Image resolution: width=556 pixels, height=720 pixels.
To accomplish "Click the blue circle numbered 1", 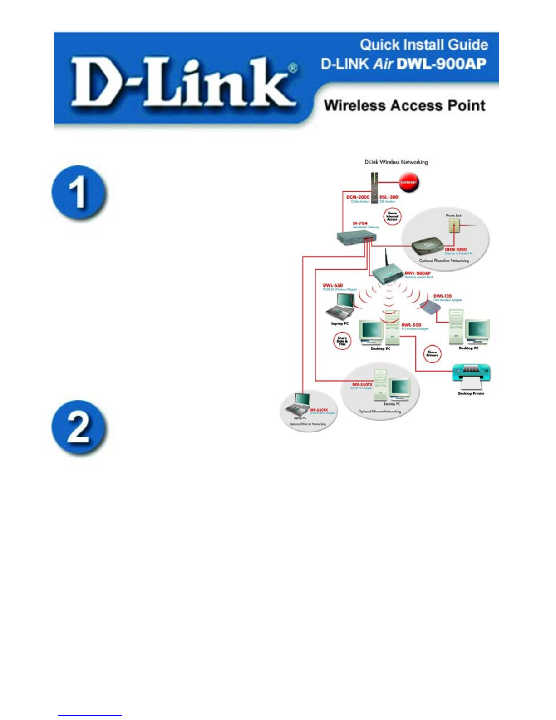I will tap(79, 192).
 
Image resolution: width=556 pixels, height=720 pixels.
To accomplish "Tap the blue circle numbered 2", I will tap(79, 427).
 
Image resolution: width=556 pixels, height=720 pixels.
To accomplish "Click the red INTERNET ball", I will tap(408, 182).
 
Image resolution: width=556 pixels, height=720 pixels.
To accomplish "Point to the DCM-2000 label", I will tap(358, 197).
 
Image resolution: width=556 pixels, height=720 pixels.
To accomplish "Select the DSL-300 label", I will tap(389, 197).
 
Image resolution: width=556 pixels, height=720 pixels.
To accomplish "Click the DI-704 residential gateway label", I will tap(360, 223).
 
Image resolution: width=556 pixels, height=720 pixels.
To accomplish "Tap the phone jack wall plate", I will tap(454, 226).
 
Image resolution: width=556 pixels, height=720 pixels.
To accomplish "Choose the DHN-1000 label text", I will tap(455, 249).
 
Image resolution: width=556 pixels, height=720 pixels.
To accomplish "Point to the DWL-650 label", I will tap(333, 286).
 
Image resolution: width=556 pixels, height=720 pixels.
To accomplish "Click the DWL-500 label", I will tap(411, 325).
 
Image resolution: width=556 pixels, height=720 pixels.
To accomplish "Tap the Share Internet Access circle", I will tap(392, 216).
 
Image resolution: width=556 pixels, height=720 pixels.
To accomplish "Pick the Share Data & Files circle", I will tap(342, 341).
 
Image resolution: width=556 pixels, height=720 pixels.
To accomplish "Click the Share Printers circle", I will tap(432, 353).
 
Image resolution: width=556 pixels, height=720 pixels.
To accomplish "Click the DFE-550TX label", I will tap(362, 385).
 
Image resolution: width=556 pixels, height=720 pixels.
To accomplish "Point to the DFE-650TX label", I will tap(318, 410).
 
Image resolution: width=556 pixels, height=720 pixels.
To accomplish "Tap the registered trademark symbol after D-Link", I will tap(293, 68).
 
